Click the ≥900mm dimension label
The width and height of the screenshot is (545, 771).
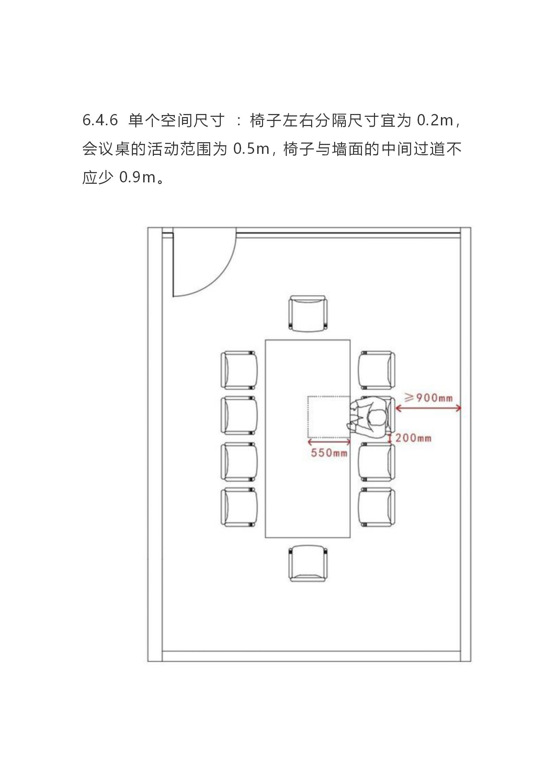[x=428, y=398]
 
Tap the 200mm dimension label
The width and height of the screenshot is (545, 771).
[x=413, y=438]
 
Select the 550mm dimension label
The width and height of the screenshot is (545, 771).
[x=329, y=453]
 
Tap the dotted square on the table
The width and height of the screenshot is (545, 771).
[x=329, y=417]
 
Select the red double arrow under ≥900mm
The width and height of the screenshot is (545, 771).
[x=428, y=408]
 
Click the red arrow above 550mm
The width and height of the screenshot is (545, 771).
[x=329, y=442]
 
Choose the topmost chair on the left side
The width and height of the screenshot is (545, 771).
[x=239, y=370]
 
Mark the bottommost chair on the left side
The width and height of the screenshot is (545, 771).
[x=239, y=507]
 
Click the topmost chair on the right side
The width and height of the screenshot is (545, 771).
[x=377, y=370]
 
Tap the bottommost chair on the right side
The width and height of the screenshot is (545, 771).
[x=377, y=507]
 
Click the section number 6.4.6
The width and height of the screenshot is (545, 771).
[x=100, y=121]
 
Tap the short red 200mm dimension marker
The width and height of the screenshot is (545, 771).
[x=390, y=438]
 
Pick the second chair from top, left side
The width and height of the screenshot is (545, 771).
[x=239, y=416]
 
